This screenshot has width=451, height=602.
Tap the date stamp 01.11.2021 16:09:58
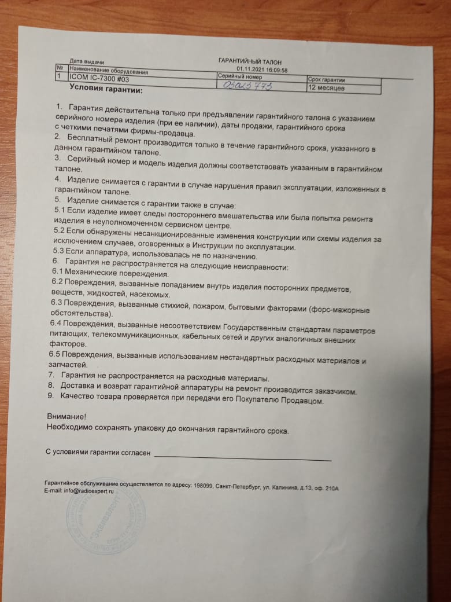tap(262, 69)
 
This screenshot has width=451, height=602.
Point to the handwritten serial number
tap(247, 85)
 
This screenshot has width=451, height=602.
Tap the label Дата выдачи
tap(86, 61)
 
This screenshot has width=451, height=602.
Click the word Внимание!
tap(65, 416)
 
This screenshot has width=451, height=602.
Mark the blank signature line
tap(243, 458)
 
